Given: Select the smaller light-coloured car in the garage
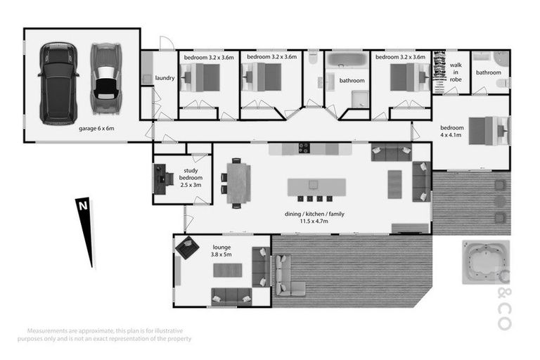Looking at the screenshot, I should (x=105, y=79).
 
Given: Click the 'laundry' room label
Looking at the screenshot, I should (x=165, y=78).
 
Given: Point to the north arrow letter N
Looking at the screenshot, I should (x=82, y=206).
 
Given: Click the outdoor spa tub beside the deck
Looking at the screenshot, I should (x=485, y=262).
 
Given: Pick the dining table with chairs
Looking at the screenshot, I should (x=237, y=182).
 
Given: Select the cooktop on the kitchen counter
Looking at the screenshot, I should (x=305, y=148).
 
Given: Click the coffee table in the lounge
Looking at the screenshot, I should (x=229, y=269).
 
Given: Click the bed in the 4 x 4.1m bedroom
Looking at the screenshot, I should (x=485, y=131).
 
